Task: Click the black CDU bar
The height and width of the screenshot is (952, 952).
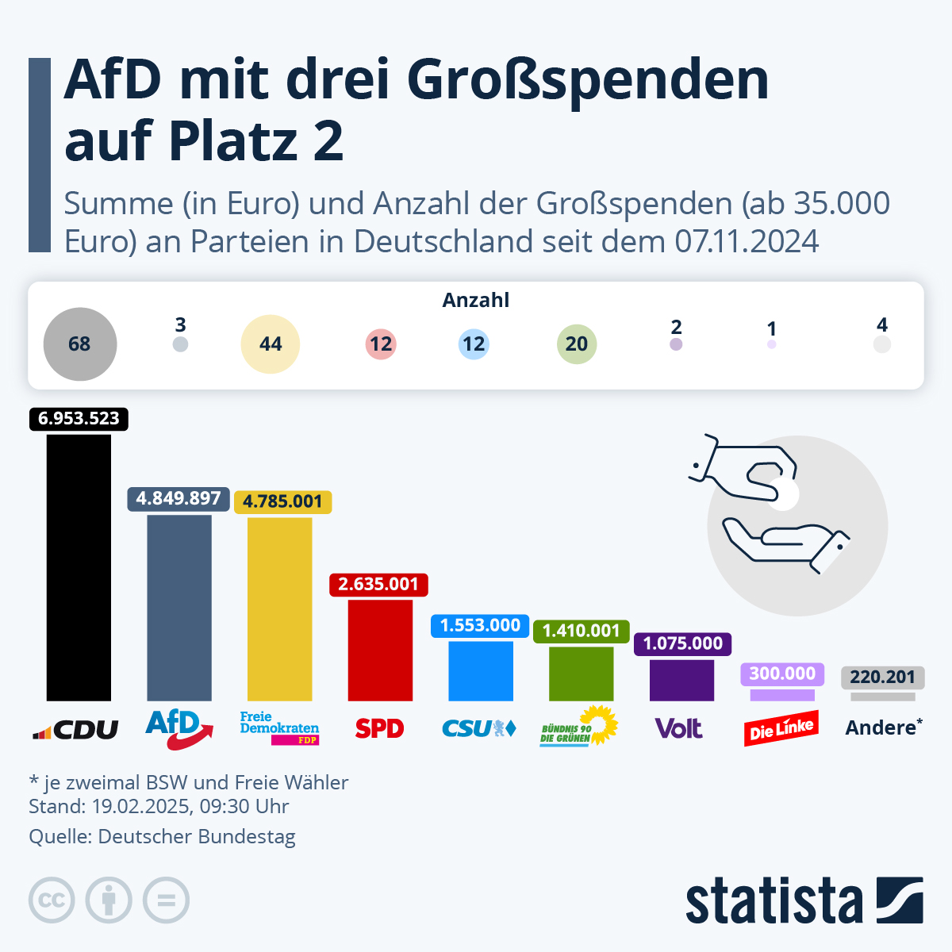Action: pyautogui.click(x=79, y=567)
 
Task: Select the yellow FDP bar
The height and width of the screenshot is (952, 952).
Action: pyautogui.click(x=279, y=609)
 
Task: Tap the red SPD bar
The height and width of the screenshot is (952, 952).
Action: pyautogui.click(x=380, y=650)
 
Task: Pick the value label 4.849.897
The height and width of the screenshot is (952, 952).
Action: pyautogui.click(x=178, y=498)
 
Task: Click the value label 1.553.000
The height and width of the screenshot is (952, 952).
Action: pyautogui.click(x=480, y=625)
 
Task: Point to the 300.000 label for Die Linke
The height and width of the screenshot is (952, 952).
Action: pyautogui.click(x=782, y=674)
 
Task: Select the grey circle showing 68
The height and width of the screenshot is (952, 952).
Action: pyautogui.click(x=80, y=344)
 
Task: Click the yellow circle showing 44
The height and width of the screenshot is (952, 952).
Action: pyautogui.click(x=271, y=344)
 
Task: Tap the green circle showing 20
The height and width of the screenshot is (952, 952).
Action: pyautogui.click(x=577, y=344)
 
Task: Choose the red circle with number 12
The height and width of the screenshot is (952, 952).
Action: pyautogui.click(x=381, y=344)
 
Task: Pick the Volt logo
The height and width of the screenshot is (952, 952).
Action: pyautogui.click(x=679, y=728)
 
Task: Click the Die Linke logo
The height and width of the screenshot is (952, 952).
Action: pyautogui.click(x=781, y=728)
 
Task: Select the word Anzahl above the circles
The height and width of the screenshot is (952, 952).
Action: pyautogui.click(x=476, y=301)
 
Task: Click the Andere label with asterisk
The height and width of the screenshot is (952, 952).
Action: pyautogui.click(x=884, y=727)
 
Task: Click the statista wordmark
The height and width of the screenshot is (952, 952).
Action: pyautogui.click(x=773, y=901)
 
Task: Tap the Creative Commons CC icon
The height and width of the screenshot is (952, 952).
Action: pyautogui.click(x=52, y=900)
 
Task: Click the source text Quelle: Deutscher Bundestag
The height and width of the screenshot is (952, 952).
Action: pyautogui.click(x=162, y=837)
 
